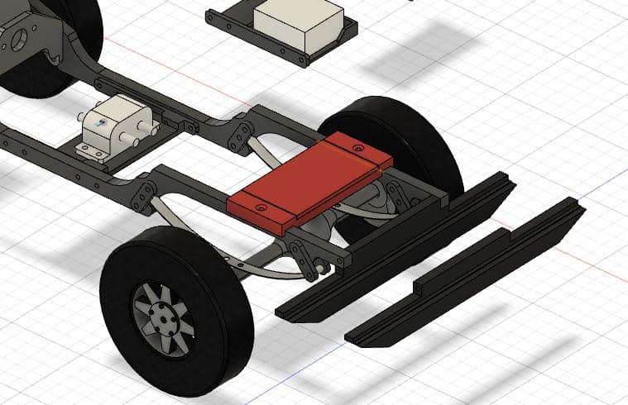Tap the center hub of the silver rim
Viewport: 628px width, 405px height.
click(x=165, y=315)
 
